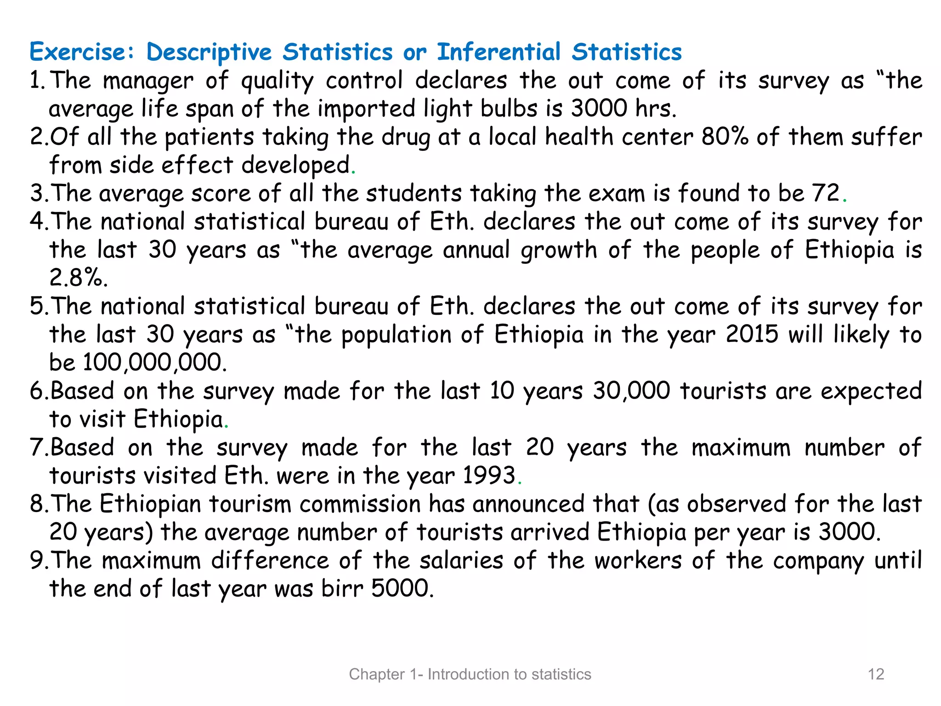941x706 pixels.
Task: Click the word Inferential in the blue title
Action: pyautogui.click(x=499, y=51)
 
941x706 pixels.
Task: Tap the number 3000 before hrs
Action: pyautogui.click(x=599, y=108)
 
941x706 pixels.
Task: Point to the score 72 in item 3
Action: pyautogui.click(x=826, y=193)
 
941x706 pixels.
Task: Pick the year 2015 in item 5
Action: pyautogui.click(x=752, y=334)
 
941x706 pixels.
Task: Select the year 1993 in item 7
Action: pyautogui.click(x=489, y=475)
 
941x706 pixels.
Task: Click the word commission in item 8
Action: pyautogui.click(x=360, y=504)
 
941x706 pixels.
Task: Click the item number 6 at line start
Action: pyautogui.click(x=37, y=391)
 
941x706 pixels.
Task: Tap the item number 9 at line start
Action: pyautogui.click(x=37, y=560)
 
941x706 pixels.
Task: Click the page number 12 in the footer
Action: pyautogui.click(x=876, y=674)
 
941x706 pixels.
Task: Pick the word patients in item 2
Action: pyautogui.click(x=209, y=137)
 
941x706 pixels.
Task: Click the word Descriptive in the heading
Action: pyautogui.click(x=209, y=51)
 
